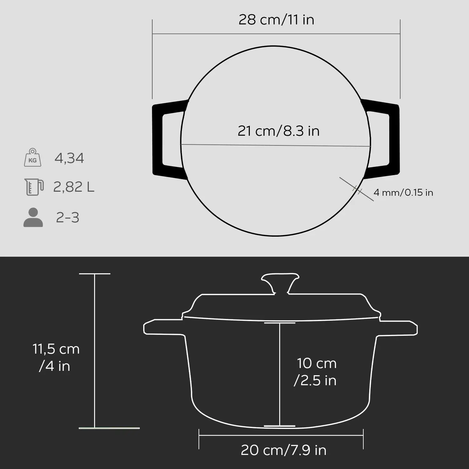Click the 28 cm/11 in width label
click(276, 20)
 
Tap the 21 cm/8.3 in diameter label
click(278, 131)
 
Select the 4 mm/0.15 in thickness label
click(403, 192)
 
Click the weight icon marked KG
click(33, 158)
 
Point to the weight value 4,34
click(69, 158)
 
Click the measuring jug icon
click(33, 187)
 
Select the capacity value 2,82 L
click(73, 187)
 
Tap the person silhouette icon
click(33, 217)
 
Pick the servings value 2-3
click(68, 217)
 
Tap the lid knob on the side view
click(280, 283)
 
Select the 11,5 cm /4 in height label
click(56, 357)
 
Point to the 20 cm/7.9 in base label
click(283, 450)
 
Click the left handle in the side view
click(163, 327)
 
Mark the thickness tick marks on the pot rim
click(357, 189)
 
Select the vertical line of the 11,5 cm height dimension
click(94, 350)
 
